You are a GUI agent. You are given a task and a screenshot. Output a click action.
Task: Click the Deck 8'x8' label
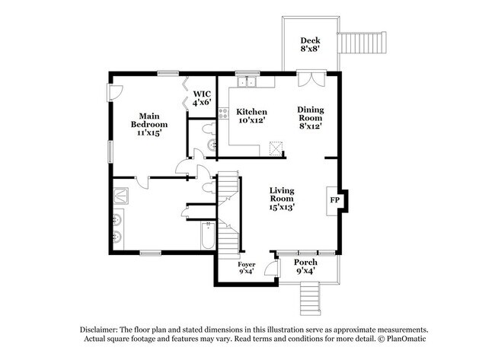pyautogui.click(x=309, y=45)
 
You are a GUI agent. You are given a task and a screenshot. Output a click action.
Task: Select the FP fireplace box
pyautogui.click(x=334, y=200)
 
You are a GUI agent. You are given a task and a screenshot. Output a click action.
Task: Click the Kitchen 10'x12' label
pyautogui.click(x=251, y=116)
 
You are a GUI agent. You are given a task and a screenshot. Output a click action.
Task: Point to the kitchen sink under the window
pyautogui.click(x=246, y=80)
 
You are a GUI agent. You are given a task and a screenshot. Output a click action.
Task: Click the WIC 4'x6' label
pyautogui.click(x=201, y=98)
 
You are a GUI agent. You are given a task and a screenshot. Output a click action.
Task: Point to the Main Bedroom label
pyautogui.click(x=148, y=124)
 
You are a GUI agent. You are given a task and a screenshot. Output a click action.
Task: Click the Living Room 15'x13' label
pyautogui.click(x=282, y=198)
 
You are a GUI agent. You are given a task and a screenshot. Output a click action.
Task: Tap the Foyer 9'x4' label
pyautogui.click(x=247, y=268)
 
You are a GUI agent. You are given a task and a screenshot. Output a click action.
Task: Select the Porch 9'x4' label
pyautogui.click(x=305, y=266)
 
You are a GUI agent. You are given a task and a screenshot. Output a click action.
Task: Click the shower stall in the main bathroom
pyautogui.click(x=121, y=195)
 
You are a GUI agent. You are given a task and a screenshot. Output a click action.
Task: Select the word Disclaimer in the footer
pyautogui.click(x=104, y=329)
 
